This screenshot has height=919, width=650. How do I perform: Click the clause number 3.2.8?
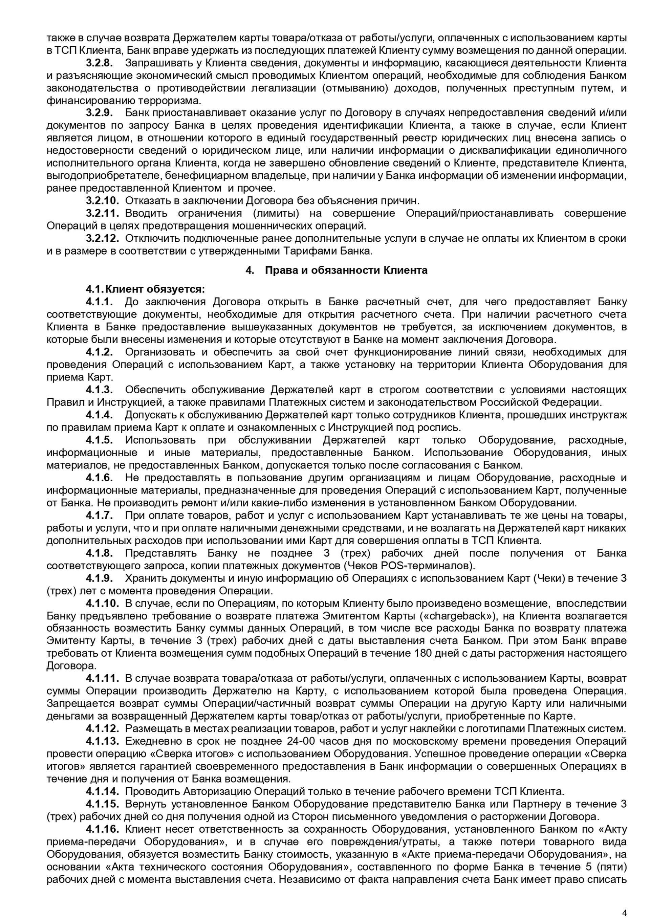point(99,63)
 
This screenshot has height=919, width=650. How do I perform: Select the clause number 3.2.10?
point(103,200)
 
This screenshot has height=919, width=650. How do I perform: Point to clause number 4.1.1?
point(99,302)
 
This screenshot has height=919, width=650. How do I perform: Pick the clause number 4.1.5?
point(99,440)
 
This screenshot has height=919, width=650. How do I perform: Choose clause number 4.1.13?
point(103,741)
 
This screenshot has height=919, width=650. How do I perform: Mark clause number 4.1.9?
point(99,578)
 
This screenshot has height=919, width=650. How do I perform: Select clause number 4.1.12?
point(103,728)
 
